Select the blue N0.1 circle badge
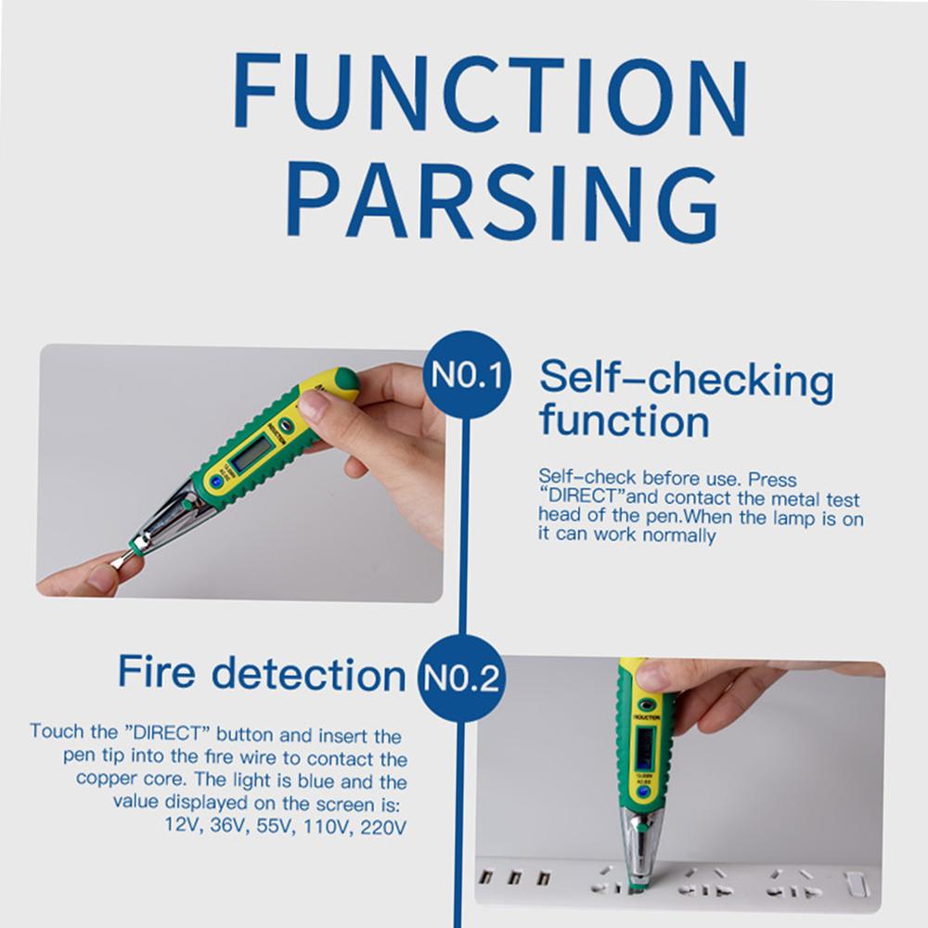click(x=468, y=377)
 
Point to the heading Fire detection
click(x=262, y=673)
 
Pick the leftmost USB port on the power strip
click(x=484, y=877)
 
